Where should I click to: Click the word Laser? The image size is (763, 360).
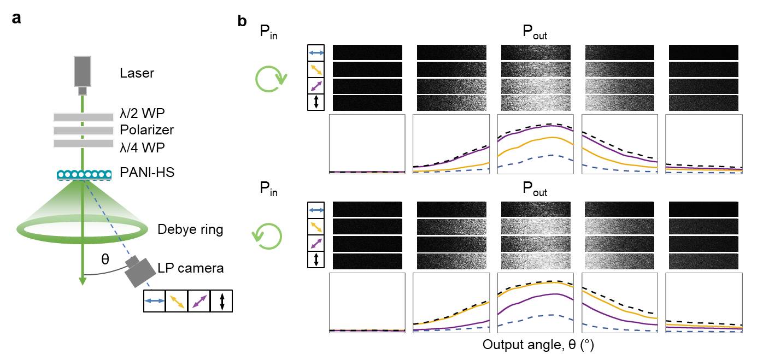[x=137, y=73]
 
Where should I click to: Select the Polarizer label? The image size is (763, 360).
[x=146, y=130]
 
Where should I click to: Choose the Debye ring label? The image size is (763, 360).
[x=190, y=229]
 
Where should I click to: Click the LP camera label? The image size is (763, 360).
[x=191, y=268]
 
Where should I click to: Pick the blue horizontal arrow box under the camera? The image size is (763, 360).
[x=154, y=301]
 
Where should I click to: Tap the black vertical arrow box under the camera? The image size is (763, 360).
[x=221, y=301]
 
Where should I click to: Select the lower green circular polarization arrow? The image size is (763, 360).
[x=267, y=235]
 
